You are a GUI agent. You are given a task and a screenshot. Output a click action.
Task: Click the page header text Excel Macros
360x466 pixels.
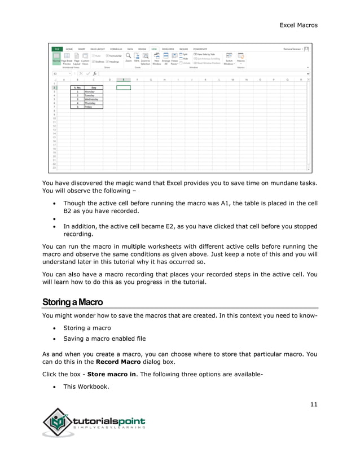point(298,25)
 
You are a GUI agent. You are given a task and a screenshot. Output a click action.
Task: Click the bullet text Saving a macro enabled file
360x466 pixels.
point(104,338)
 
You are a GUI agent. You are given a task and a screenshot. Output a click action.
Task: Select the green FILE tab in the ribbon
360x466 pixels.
point(57,49)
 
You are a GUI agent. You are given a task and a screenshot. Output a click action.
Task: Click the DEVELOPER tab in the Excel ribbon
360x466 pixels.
point(168,49)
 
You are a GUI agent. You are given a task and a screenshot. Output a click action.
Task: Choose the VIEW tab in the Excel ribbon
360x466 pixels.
point(153,49)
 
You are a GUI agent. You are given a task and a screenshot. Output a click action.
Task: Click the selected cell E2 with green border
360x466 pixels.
point(122,88)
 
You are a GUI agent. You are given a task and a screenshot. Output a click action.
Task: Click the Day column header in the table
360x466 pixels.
point(93,88)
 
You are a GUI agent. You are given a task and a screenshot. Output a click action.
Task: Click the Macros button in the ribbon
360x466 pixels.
point(241,59)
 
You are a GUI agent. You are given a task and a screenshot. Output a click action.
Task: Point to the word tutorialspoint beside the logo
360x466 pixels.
point(109,421)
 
